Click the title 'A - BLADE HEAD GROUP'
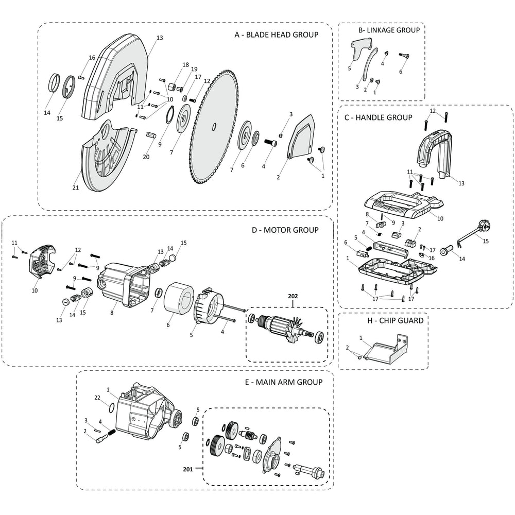tap(276, 35)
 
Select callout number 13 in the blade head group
tap(159, 38)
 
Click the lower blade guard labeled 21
tap(106, 160)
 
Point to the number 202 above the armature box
tap(293, 297)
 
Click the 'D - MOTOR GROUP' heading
tap(285, 230)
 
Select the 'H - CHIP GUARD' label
tap(396, 320)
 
